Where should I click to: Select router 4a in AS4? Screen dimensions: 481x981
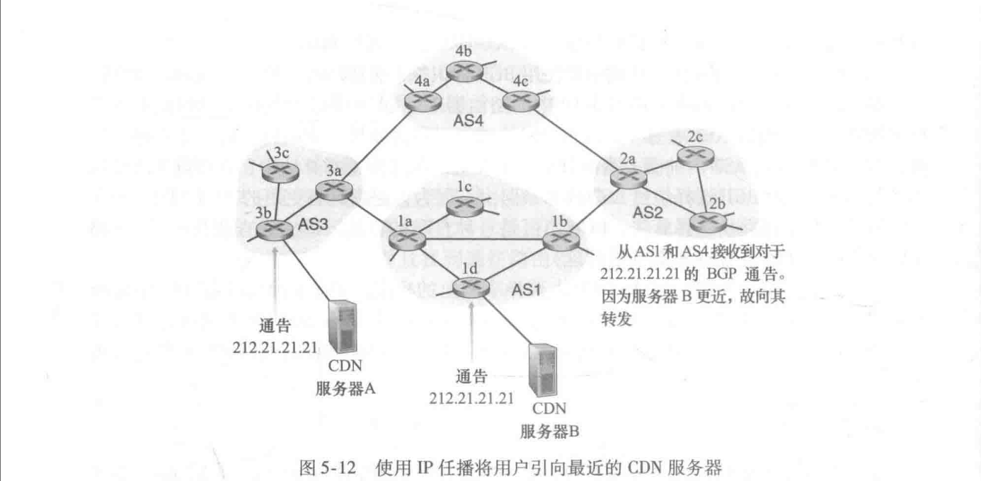click(423, 102)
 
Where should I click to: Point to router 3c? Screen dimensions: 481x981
click(273, 170)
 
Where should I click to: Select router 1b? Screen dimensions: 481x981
click(560, 240)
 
